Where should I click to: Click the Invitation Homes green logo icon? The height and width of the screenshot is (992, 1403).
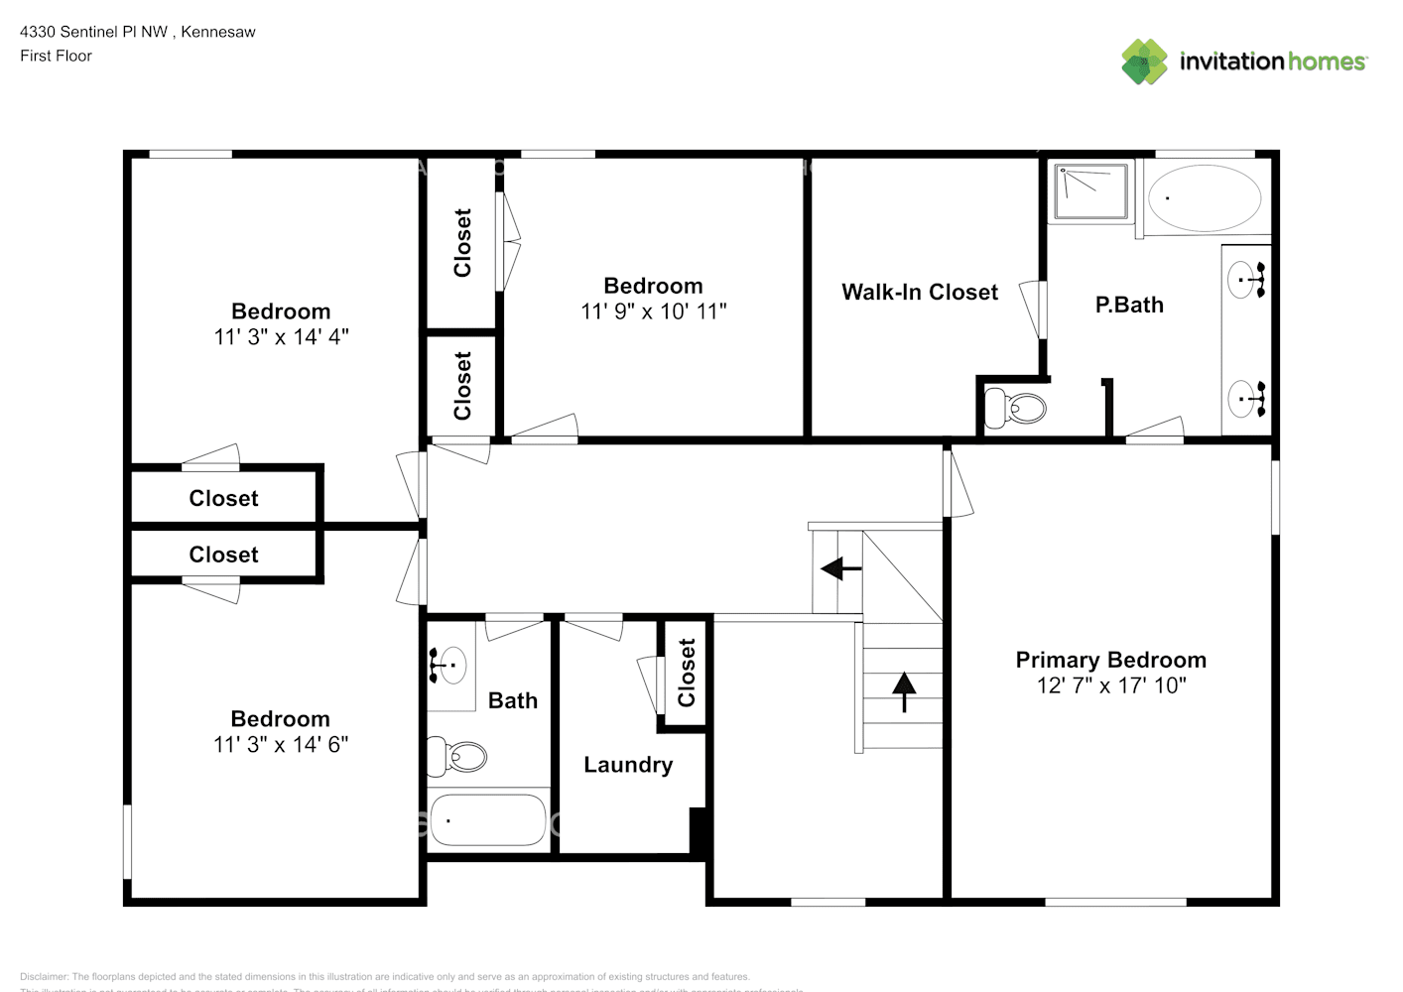pos(1144,62)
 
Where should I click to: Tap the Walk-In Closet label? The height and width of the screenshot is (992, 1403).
pos(920,293)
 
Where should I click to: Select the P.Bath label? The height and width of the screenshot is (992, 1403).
pos(1129,306)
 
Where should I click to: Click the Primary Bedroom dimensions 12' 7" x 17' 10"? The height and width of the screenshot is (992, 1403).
pos(1110,685)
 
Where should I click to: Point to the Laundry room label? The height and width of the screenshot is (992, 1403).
pos(628,765)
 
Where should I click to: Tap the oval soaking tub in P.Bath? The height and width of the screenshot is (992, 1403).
pos(1204,198)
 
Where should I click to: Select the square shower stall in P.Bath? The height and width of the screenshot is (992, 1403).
pos(1090,191)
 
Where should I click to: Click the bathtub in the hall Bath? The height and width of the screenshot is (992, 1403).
pos(487,819)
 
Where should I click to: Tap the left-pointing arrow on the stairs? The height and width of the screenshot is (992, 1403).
pos(840,569)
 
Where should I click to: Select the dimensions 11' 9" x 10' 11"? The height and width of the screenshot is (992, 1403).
pos(653,311)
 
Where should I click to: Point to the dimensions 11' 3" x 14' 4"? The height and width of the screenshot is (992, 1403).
pos(281,337)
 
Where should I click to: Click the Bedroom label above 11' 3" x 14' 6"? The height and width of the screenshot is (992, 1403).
pos(280,719)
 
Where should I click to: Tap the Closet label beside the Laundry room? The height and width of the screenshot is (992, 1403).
pos(686,673)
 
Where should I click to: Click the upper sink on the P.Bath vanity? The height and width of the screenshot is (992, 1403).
pos(1244,280)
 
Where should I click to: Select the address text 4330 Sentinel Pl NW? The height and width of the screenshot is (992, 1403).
pos(93,32)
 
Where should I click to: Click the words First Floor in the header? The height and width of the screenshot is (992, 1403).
pos(56,57)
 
